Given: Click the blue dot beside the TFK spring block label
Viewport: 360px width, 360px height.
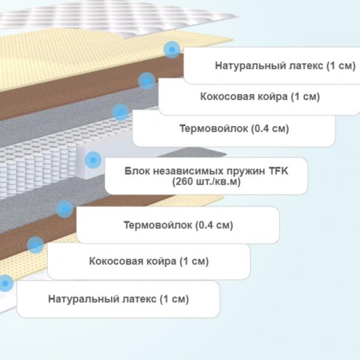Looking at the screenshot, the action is pos(93,160).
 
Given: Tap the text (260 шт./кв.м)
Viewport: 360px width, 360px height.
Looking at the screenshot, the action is pos(206,182).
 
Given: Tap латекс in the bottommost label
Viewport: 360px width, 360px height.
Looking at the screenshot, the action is pos(139,299).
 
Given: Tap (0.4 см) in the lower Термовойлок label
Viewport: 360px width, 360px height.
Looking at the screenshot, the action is pos(214,225).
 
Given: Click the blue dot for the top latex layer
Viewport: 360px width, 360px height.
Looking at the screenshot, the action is pos(172,50).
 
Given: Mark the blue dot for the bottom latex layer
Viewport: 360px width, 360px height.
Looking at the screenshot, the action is pos(5,283).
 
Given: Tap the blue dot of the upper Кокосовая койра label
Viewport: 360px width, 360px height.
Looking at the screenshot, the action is pos(146,81).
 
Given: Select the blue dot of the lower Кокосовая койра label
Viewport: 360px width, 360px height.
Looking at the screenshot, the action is pos(35,245).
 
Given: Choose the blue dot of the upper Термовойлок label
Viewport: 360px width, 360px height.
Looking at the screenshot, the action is pos(121,112).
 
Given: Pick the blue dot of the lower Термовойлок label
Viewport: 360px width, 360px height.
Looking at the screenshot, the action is pos(65,209).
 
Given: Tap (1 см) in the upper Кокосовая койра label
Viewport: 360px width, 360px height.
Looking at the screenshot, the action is pos(305,97).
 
